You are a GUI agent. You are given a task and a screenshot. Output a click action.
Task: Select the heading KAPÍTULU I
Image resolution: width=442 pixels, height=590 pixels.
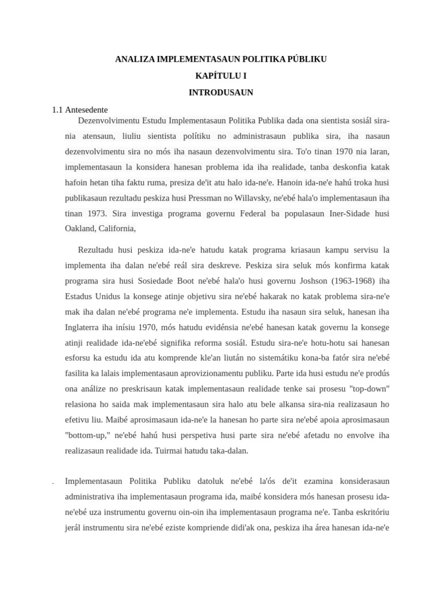[x=221, y=75]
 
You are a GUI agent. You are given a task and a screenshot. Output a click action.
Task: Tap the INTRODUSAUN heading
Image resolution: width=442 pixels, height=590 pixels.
[x=221, y=92]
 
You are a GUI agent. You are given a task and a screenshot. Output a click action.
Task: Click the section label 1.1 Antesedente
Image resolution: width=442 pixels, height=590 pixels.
[x=79, y=109]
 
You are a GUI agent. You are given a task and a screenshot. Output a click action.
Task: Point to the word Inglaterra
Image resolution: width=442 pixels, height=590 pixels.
[x=86, y=327]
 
